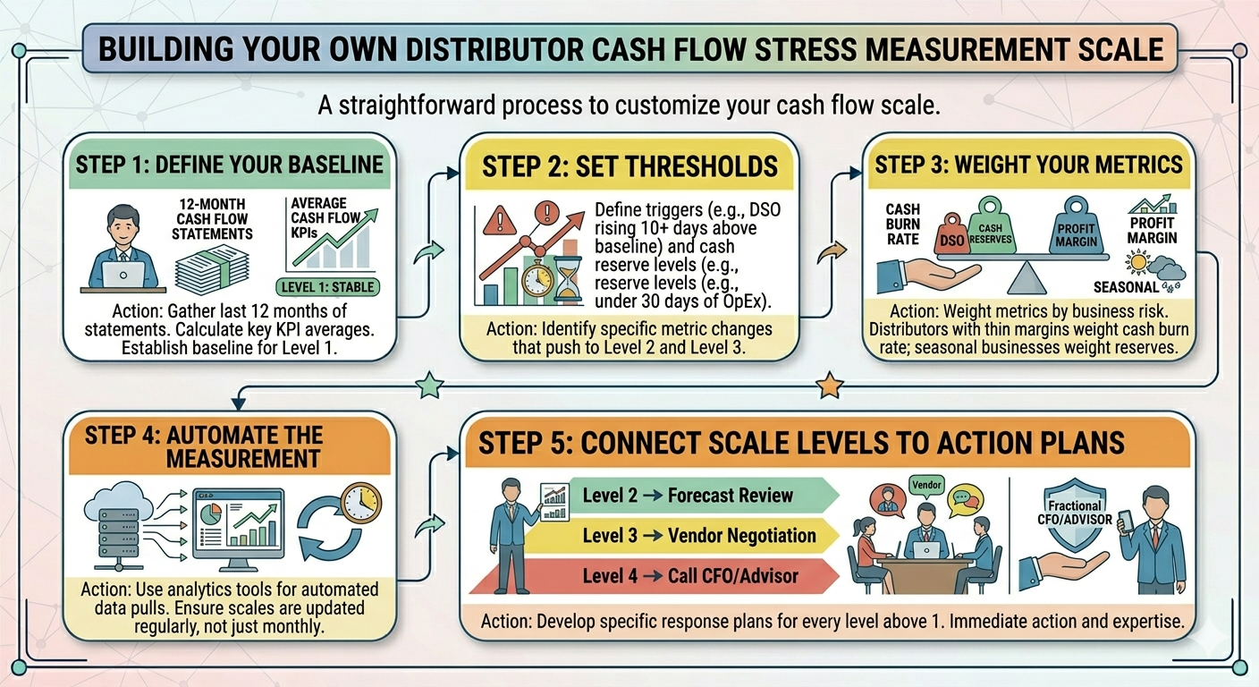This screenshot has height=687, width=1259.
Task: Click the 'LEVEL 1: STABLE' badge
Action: pos(328,287)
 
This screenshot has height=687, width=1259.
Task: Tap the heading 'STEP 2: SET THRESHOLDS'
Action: pos(629,166)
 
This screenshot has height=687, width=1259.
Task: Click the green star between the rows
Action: pos(430,386)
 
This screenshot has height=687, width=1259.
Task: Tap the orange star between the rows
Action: pos(831,386)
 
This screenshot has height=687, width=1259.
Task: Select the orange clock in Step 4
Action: pos(361,501)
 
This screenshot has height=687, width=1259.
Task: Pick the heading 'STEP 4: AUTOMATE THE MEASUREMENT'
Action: pos(204,446)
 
